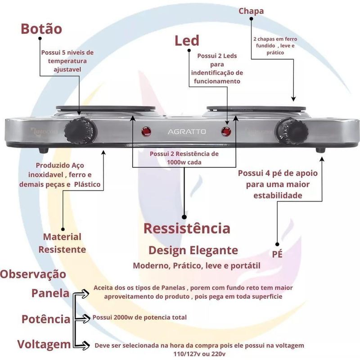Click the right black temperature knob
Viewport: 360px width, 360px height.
pos(295,130)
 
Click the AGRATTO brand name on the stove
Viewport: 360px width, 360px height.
pos(187,132)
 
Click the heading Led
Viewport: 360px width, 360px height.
pos(187,40)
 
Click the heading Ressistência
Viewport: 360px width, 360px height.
pos(187,228)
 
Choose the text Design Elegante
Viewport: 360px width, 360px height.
pos(193,250)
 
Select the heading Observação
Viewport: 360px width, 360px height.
pos(33,274)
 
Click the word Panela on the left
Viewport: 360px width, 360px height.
pos(50,293)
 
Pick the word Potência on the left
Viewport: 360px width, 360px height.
pos(46,319)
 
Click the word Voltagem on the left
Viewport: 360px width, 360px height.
pos(44,344)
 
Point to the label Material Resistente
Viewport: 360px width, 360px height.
pos(62,243)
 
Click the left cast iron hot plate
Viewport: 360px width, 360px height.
pos(106,108)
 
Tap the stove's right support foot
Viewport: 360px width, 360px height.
pos(320,150)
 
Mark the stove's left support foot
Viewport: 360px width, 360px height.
pos(43,150)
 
